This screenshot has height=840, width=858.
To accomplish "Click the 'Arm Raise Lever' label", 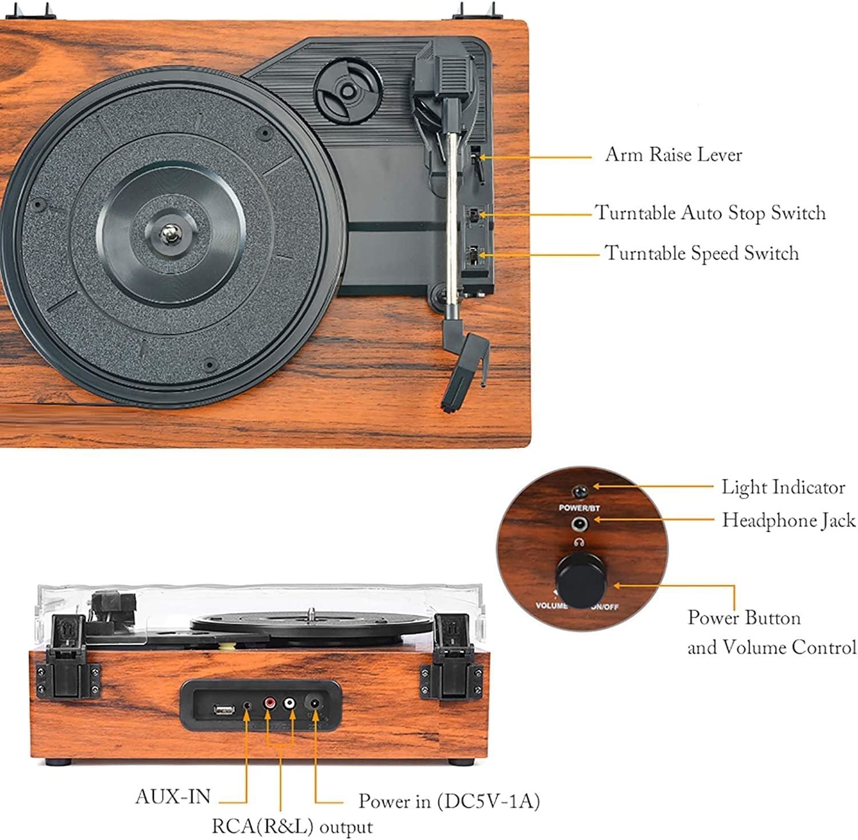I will [673, 155].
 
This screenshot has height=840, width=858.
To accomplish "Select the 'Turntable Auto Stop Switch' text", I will [710, 213].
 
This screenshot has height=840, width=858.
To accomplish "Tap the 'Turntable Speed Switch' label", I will [701, 253].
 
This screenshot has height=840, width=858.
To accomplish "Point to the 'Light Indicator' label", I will [782, 487].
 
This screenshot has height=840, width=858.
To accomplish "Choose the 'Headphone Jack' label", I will [788, 520].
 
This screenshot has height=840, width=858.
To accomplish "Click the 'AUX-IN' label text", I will [173, 796].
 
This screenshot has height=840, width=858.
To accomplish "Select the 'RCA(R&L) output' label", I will [292, 826].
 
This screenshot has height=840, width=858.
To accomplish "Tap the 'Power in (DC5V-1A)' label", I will [449, 801].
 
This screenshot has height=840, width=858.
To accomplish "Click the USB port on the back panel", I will [224, 710].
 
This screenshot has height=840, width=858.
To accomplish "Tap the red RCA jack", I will [269, 702].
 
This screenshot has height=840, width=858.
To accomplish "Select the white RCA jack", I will [291, 702].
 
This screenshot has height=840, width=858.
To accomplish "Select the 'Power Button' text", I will [744, 618].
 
